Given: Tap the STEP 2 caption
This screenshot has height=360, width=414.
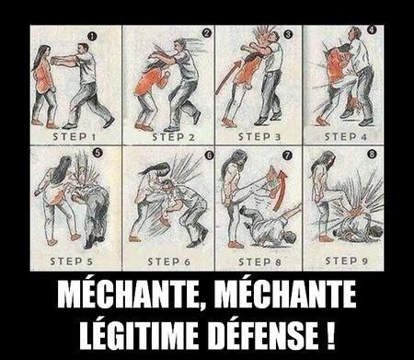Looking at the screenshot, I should (167, 136).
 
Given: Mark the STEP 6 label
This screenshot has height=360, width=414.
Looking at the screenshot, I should (167, 261).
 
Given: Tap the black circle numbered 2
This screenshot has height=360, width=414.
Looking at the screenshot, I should (207, 33).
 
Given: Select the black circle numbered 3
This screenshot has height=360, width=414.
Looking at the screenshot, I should (287, 34).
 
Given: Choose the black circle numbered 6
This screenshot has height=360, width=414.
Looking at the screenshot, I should (208, 154).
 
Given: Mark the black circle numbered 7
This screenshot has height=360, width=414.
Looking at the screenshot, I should (286, 154).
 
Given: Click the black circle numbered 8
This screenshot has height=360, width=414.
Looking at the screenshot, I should (371, 154).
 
